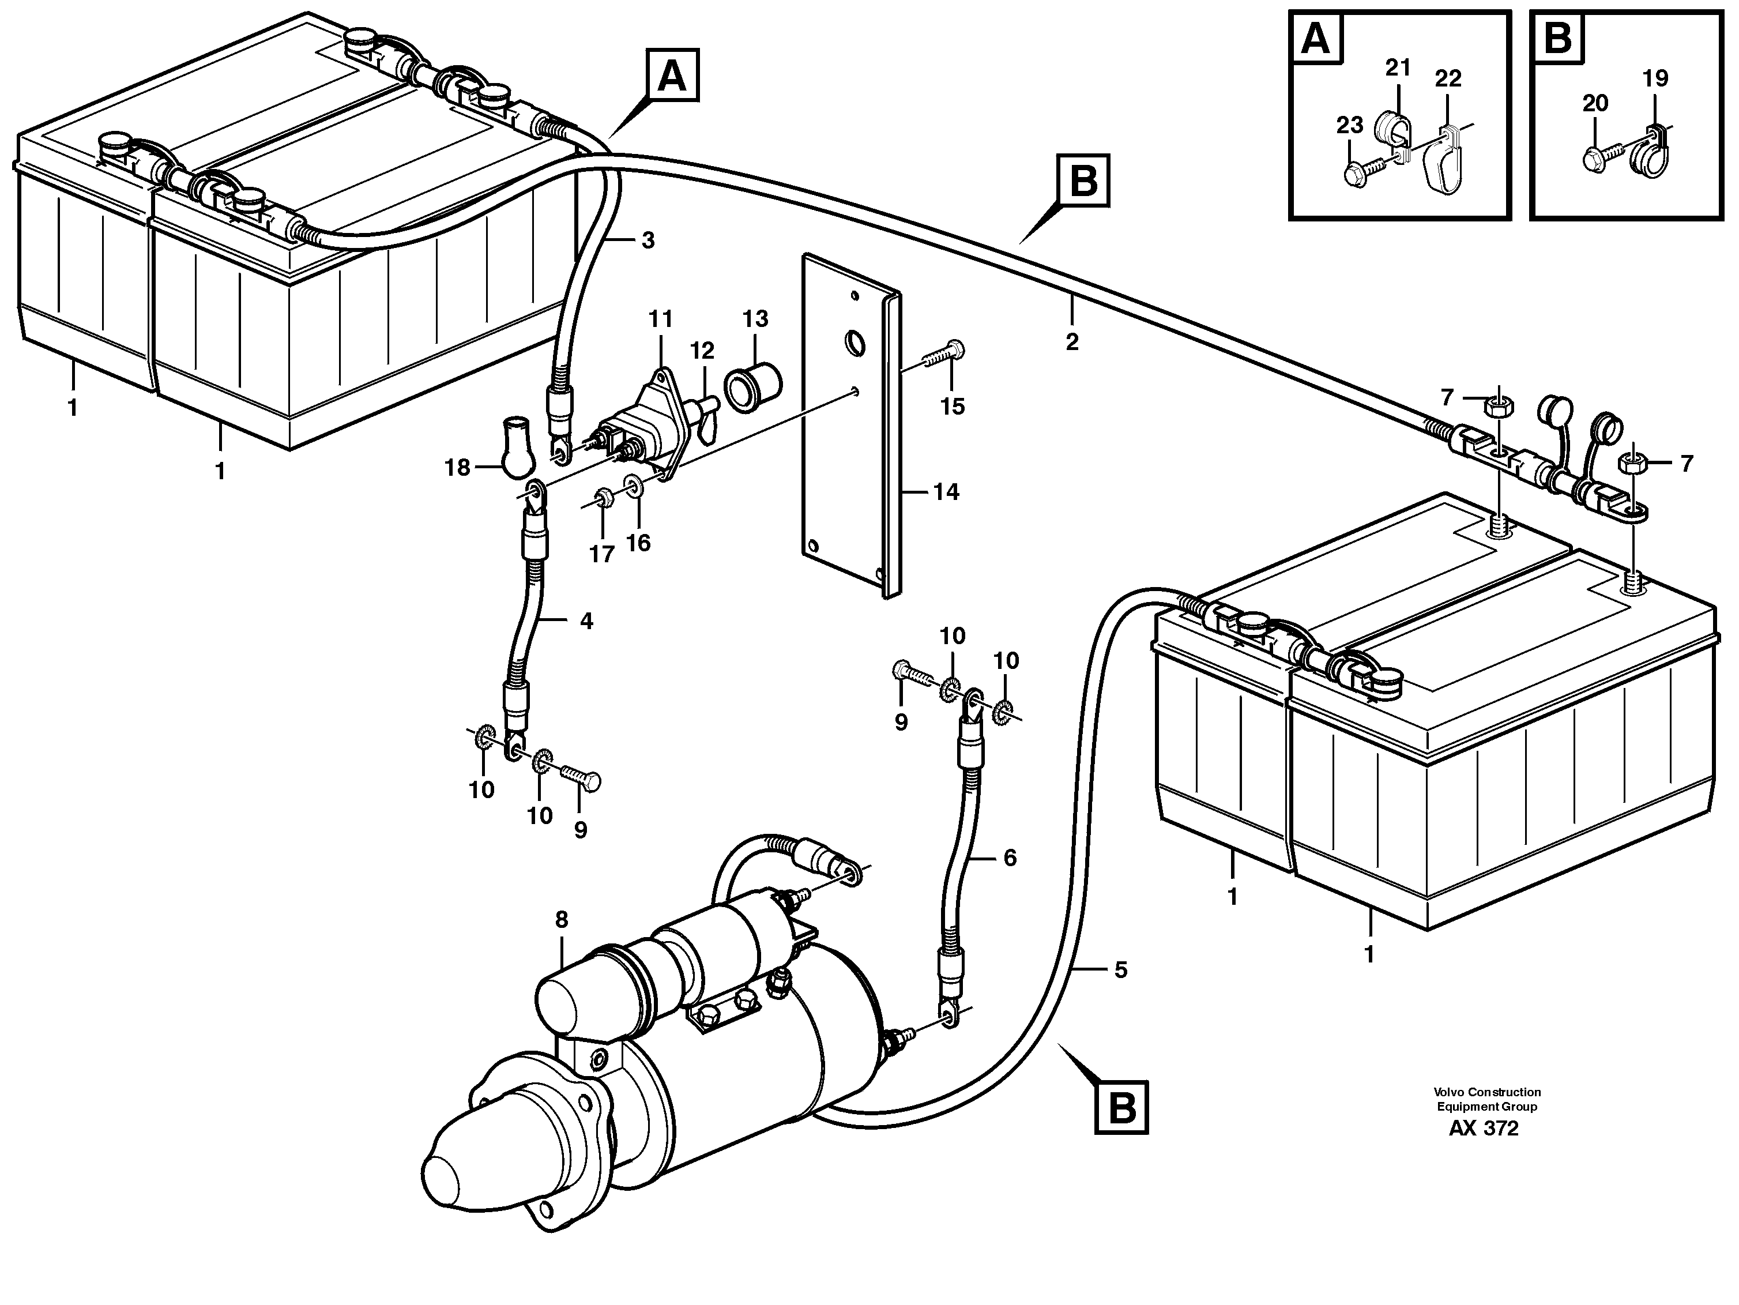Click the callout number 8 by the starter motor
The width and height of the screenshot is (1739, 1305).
point(562,920)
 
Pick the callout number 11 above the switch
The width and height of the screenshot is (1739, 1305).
point(660,319)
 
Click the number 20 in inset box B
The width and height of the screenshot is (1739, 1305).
point(1595,103)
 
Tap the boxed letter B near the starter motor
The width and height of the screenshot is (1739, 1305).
point(1121,1108)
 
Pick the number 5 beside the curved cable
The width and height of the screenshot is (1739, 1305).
point(1120,970)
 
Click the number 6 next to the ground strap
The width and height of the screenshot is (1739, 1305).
point(1010,858)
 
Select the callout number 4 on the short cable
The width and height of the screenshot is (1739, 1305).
point(586,621)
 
